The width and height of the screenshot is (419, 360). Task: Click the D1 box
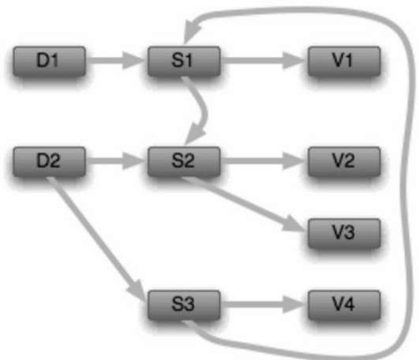pyautogui.click(x=50, y=61)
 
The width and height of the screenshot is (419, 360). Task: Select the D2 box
pyautogui.click(x=50, y=161)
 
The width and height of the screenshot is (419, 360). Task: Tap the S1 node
pyautogui.click(x=184, y=61)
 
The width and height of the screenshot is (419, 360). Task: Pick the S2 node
pyautogui.click(x=184, y=161)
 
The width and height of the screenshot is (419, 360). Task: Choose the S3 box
pyautogui.click(x=184, y=305)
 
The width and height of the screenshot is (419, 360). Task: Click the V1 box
pyautogui.click(x=344, y=61)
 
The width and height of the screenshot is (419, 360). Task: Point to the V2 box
pyautogui.click(x=344, y=161)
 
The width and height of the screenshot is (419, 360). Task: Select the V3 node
pyautogui.click(x=344, y=233)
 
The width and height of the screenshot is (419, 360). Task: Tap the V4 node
pyautogui.click(x=344, y=305)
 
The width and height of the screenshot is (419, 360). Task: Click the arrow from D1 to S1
pyautogui.click(x=116, y=61)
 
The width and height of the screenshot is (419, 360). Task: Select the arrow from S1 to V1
pyautogui.click(x=264, y=61)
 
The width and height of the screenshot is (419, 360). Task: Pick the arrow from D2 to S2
pyautogui.click(x=116, y=161)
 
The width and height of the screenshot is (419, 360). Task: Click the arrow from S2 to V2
pyautogui.click(x=264, y=161)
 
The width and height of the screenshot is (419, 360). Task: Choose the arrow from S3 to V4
pyautogui.click(x=264, y=305)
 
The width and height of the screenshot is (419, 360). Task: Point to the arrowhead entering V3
pyautogui.click(x=294, y=223)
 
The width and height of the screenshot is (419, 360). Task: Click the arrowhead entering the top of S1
pyautogui.click(x=191, y=31)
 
